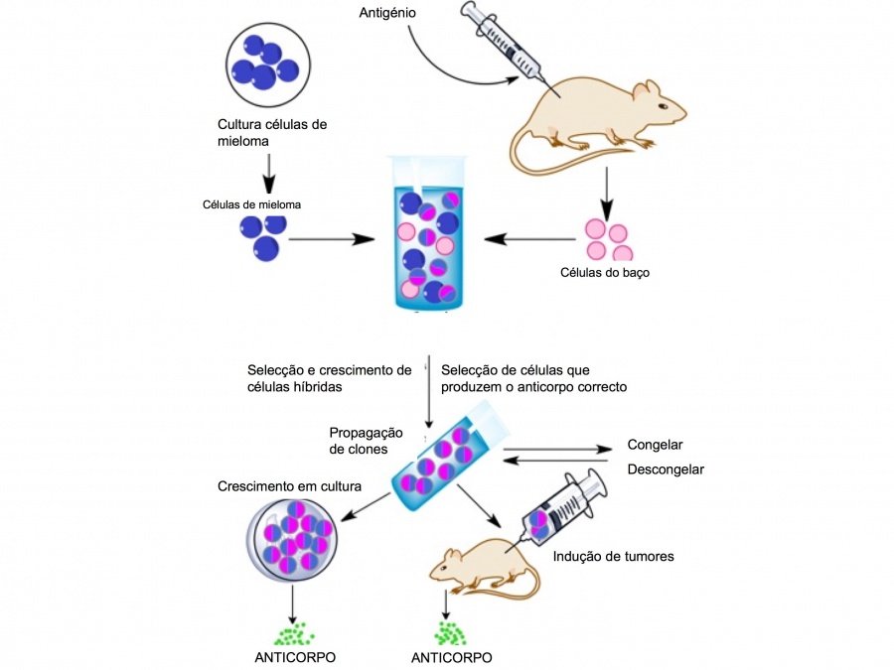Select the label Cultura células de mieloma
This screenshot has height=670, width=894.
(271, 133)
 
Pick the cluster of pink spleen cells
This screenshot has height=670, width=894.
(607, 238)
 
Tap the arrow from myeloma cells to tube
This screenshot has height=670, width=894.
(332, 238)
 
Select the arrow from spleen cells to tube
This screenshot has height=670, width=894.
(530, 238)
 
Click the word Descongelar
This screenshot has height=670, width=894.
(666, 469)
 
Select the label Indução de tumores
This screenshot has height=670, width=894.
(613, 556)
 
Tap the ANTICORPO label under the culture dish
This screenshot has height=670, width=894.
(294, 657)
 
